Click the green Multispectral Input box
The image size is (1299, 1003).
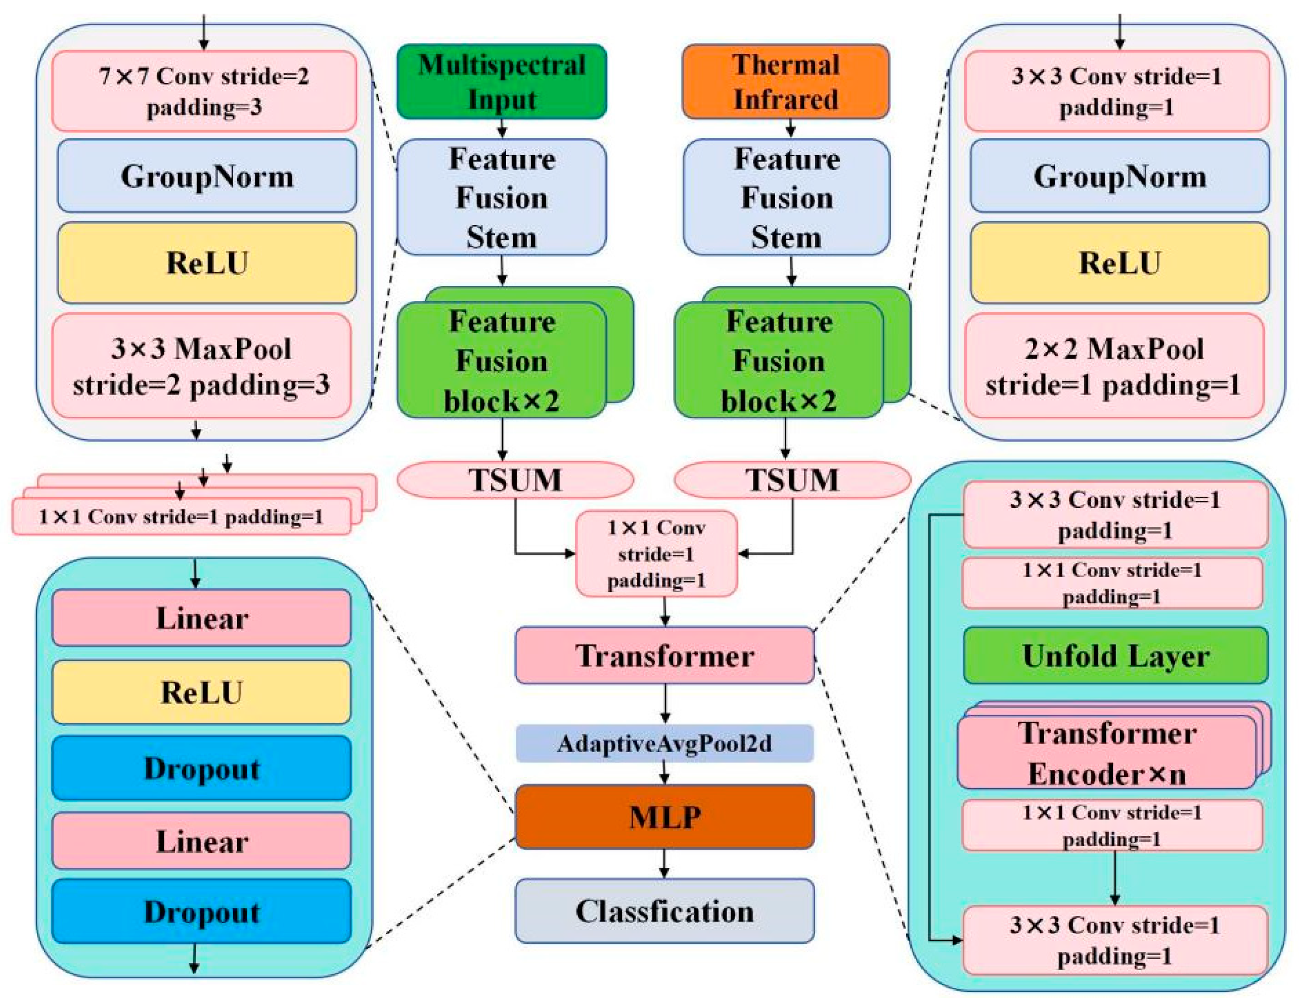pyautogui.click(x=502, y=81)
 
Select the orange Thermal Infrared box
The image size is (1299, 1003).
pyautogui.click(x=785, y=81)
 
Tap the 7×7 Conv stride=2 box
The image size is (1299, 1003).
pyautogui.click(x=204, y=91)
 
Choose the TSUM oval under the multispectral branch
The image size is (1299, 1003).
pyautogui.click(x=515, y=480)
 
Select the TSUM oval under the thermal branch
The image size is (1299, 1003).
pyautogui.click(x=792, y=480)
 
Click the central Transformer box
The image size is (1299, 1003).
pyautogui.click(x=664, y=656)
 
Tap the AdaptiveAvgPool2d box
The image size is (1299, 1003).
pyautogui.click(x=664, y=744)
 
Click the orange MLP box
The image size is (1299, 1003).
pyautogui.click(x=664, y=817)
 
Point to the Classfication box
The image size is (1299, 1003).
pyautogui.click(x=664, y=911)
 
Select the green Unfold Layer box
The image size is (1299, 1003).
pyautogui.click(x=1115, y=656)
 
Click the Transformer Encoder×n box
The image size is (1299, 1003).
pyautogui.click(x=1106, y=753)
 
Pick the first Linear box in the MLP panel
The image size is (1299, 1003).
pyautogui.click(x=201, y=618)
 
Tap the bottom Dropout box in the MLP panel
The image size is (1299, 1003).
pyautogui.click(x=201, y=911)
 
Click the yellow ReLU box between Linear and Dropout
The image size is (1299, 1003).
pyautogui.click(x=201, y=692)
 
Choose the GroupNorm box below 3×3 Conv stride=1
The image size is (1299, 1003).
pyautogui.click(x=1119, y=176)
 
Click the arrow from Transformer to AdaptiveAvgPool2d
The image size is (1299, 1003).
pyautogui.click(x=665, y=704)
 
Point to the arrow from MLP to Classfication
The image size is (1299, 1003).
pyautogui.click(x=664, y=864)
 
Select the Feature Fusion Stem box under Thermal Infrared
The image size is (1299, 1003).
pyautogui.click(x=786, y=197)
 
